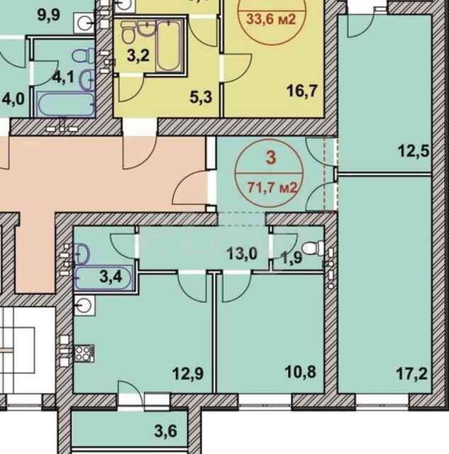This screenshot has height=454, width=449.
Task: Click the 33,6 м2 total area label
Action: [271, 18]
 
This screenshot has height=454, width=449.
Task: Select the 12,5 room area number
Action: [415, 150]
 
